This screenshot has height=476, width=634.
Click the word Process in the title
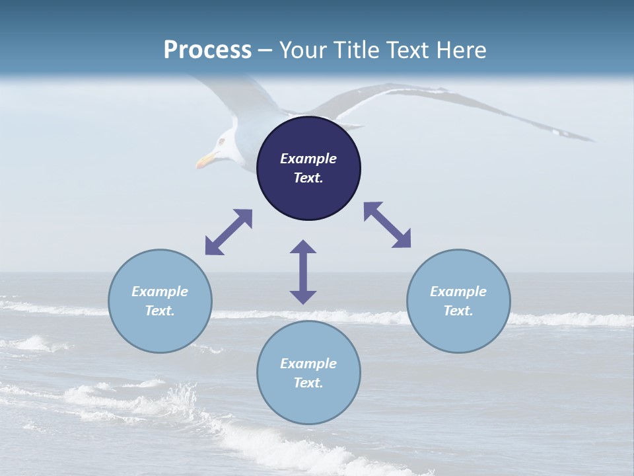207,50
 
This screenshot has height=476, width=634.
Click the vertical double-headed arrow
303,272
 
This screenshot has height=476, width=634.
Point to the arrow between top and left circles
229,232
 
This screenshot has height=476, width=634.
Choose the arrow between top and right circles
388,225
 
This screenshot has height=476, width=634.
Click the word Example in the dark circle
308,159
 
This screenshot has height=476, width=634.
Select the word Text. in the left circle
160,311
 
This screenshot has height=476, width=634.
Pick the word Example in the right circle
458,292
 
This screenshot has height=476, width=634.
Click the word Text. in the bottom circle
308,383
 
